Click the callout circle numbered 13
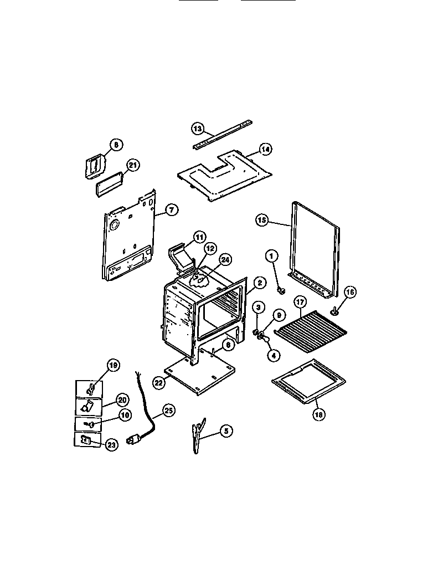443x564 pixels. [198, 129]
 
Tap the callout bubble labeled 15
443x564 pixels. [262, 220]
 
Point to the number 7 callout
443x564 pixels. [172, 210]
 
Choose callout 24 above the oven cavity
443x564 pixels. [224, 259]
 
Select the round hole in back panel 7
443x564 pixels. [114, 225]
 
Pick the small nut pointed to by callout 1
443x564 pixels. [280, 290]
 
